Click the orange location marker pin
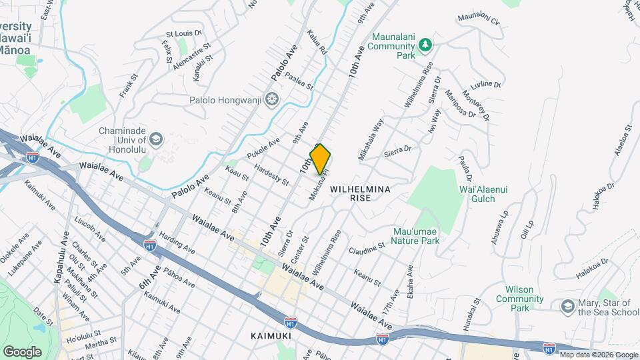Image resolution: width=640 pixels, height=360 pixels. (321, 159)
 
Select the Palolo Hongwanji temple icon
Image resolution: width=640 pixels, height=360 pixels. (271, 100)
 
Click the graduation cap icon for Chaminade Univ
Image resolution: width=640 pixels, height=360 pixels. (156, 139)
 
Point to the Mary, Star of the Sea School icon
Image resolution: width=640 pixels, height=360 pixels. (567, 306)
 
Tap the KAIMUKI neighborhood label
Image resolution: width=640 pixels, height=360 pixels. (272, 335)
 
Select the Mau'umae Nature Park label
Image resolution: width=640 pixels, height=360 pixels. (415, 235)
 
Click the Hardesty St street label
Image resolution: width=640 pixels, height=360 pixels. (271, 173)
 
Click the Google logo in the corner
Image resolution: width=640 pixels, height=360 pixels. (22, 351)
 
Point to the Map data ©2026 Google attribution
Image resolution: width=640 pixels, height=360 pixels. (599, 355)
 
